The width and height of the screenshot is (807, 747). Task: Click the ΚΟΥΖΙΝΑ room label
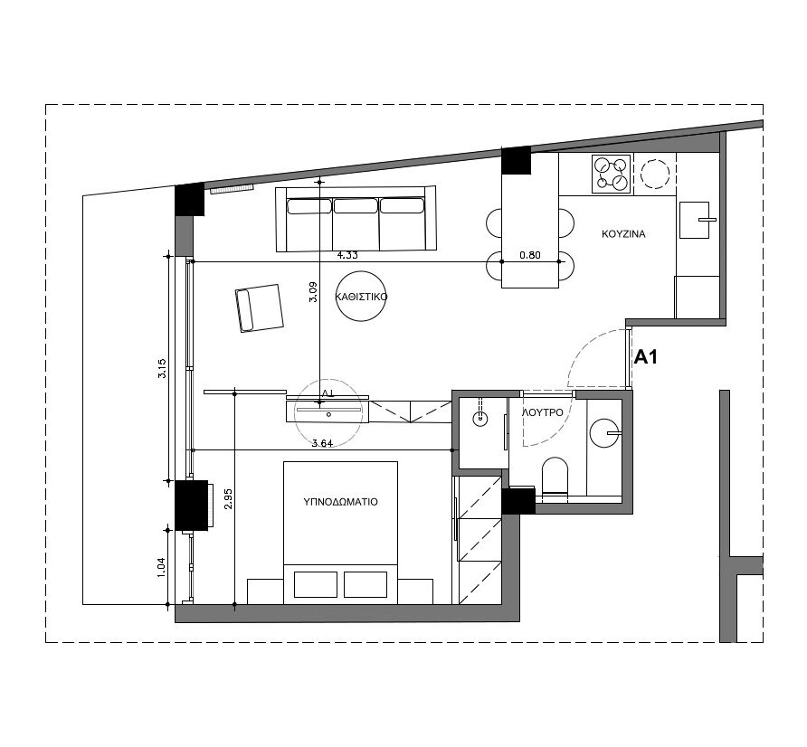tap(623, 234)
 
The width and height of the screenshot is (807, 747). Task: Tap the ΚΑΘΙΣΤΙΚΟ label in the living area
tap(361, 297)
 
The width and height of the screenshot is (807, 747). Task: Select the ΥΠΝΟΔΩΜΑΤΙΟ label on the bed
tap(341, 502)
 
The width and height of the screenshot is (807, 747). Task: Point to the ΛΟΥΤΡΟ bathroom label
tap(543, 412)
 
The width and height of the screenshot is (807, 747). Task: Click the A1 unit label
tap(645, 357)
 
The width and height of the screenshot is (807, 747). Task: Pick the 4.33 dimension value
tap(347, 255)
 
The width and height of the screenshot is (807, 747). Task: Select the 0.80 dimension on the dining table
tap(530, 255)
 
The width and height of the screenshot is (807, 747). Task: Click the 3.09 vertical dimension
tap(313, 292)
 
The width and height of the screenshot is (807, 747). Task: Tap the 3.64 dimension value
tap(323, 443)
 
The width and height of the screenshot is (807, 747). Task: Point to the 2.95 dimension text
tap(229, 498)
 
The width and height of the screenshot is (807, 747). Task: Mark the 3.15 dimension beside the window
tap(162, 368)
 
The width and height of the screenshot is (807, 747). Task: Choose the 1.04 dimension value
tap(162, 568)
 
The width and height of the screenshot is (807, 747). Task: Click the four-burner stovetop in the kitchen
tap(611, 174)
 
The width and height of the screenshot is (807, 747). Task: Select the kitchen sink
tap(695, 220)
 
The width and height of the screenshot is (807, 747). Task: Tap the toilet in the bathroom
tap(555, 477)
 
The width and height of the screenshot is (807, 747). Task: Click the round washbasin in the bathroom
tap(604, 433)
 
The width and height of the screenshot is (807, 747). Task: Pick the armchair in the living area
tap(260, 308)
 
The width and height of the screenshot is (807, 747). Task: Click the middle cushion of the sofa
tap(356, 206)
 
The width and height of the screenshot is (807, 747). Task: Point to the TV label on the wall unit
tap(328, 392)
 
